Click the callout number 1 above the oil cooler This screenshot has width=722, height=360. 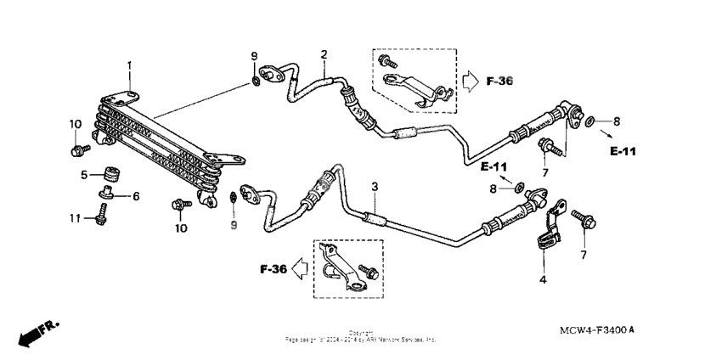(x=130, y=65)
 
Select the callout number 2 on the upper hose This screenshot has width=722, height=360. (x=324, y=55)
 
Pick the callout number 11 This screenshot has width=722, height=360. (x=75, y=218)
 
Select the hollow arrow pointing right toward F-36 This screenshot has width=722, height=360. (x=471, y=82)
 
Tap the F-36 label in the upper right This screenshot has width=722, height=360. (x=501, y=82)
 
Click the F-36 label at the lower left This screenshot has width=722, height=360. (x=274, y=270)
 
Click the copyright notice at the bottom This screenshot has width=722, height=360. (x=361, y=336)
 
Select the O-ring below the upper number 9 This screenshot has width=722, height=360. (x=255, y=82)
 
